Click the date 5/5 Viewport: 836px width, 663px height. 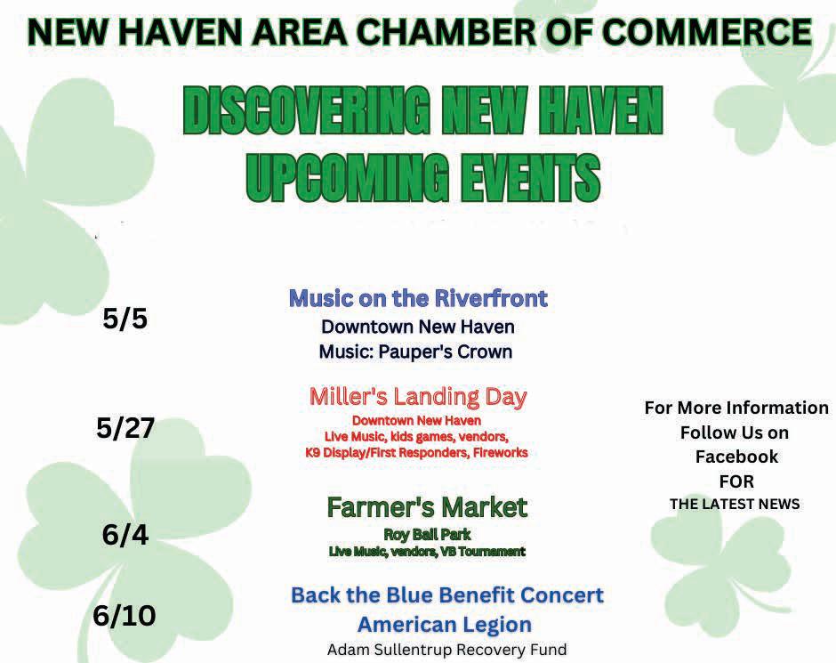(125, 319)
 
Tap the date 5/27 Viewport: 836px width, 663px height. (125, 428)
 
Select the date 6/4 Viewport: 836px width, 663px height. (125, 535)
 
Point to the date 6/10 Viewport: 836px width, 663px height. (125, 616)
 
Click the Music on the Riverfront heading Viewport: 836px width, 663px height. (418, 298)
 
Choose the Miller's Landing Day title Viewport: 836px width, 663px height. (418, 397)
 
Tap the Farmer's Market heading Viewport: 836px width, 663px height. (427, 506)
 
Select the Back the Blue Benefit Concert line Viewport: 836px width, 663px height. (447, 594)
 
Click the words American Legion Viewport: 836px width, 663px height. (445, 625)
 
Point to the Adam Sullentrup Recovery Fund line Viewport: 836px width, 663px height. (446, 650)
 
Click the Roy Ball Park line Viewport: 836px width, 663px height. (427, 534)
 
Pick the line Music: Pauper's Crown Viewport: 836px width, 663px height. (415, 352)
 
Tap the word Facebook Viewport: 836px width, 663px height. (736, 457)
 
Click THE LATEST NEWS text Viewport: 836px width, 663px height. (735, 504)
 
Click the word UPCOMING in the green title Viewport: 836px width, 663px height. (347, 177)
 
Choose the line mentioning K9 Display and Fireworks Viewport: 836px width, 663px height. (416, 453)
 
